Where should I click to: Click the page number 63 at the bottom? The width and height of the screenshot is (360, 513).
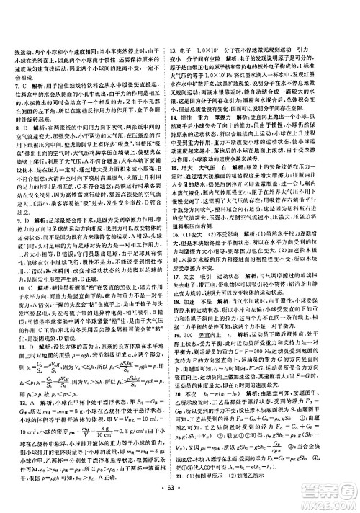tap(180, 501)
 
